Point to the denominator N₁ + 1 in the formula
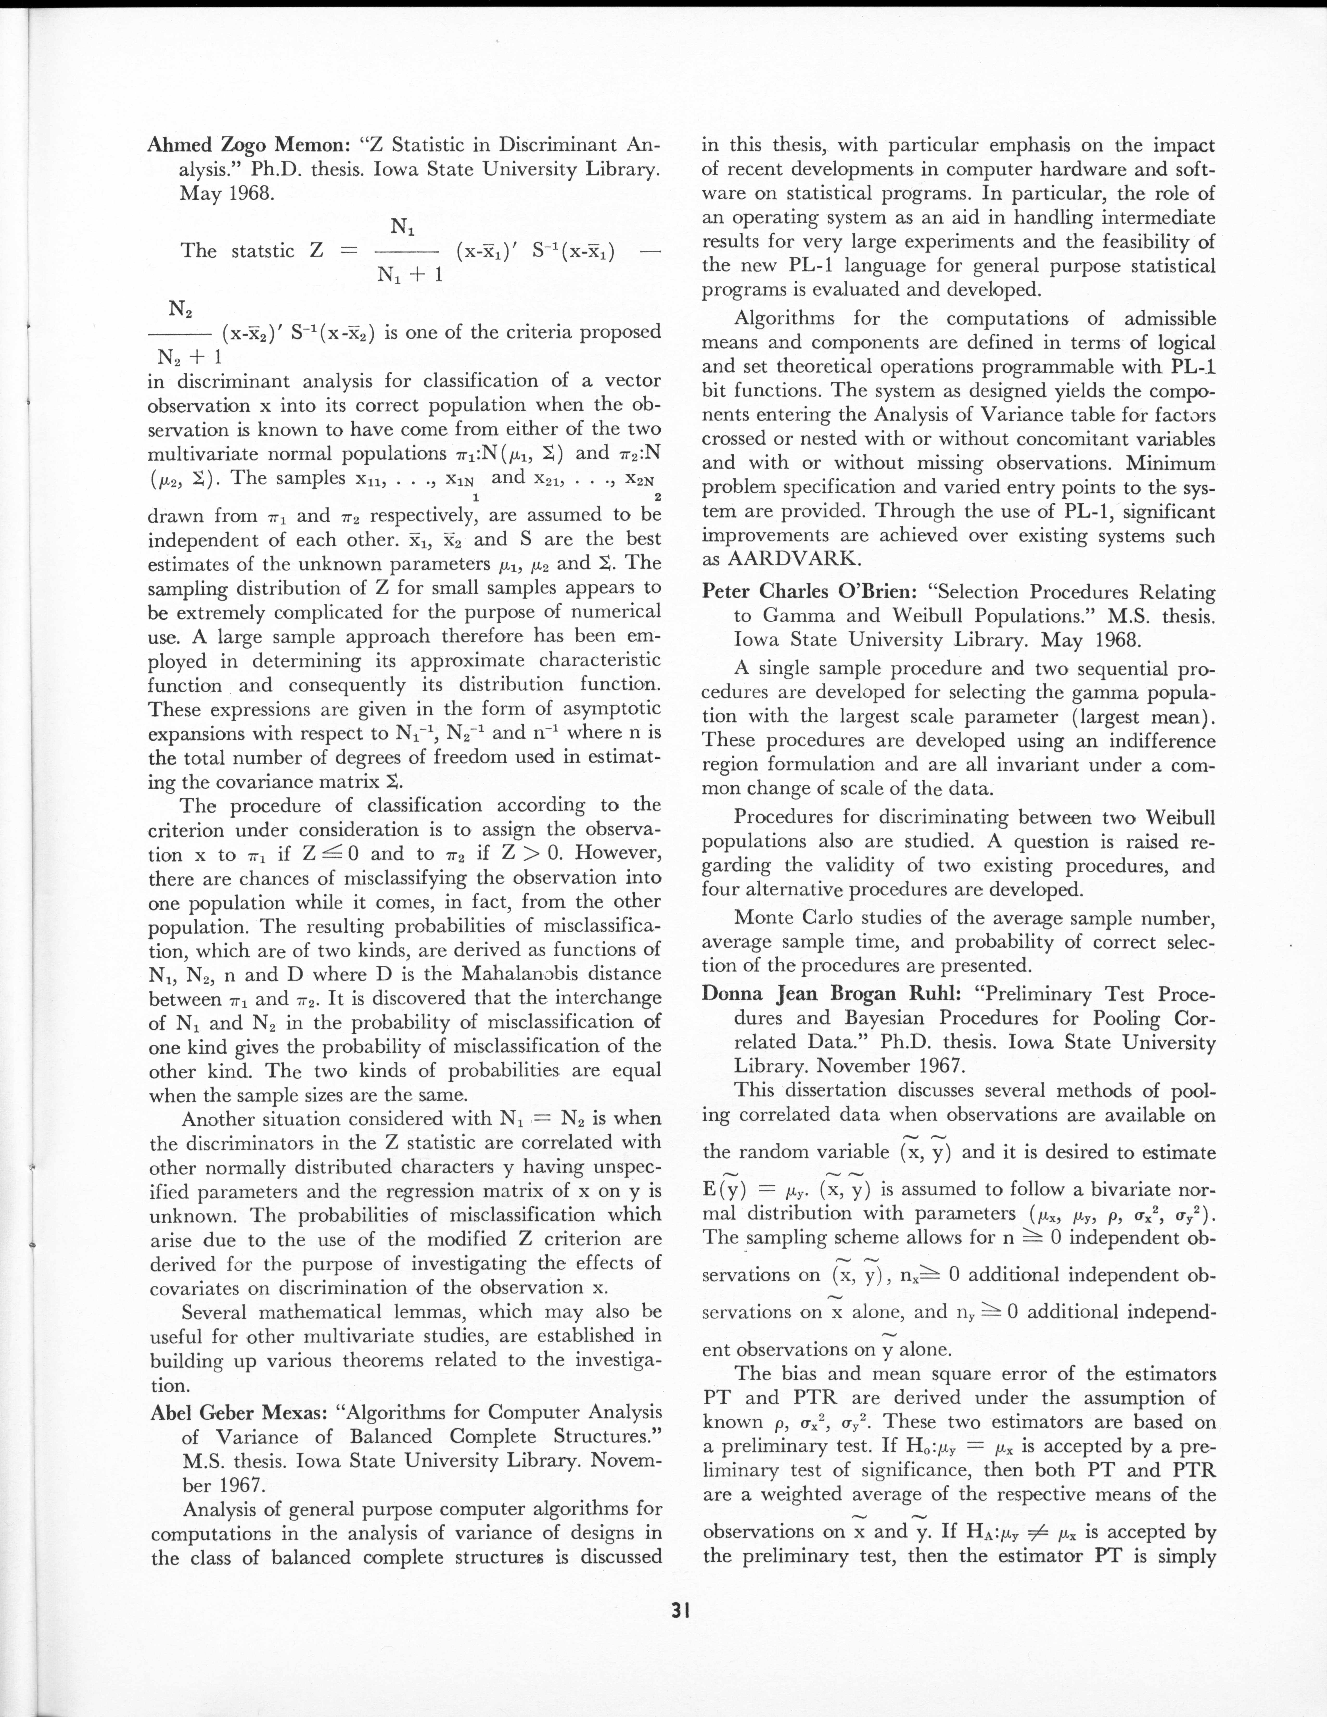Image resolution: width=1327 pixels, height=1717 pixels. (x=410, y=275)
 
